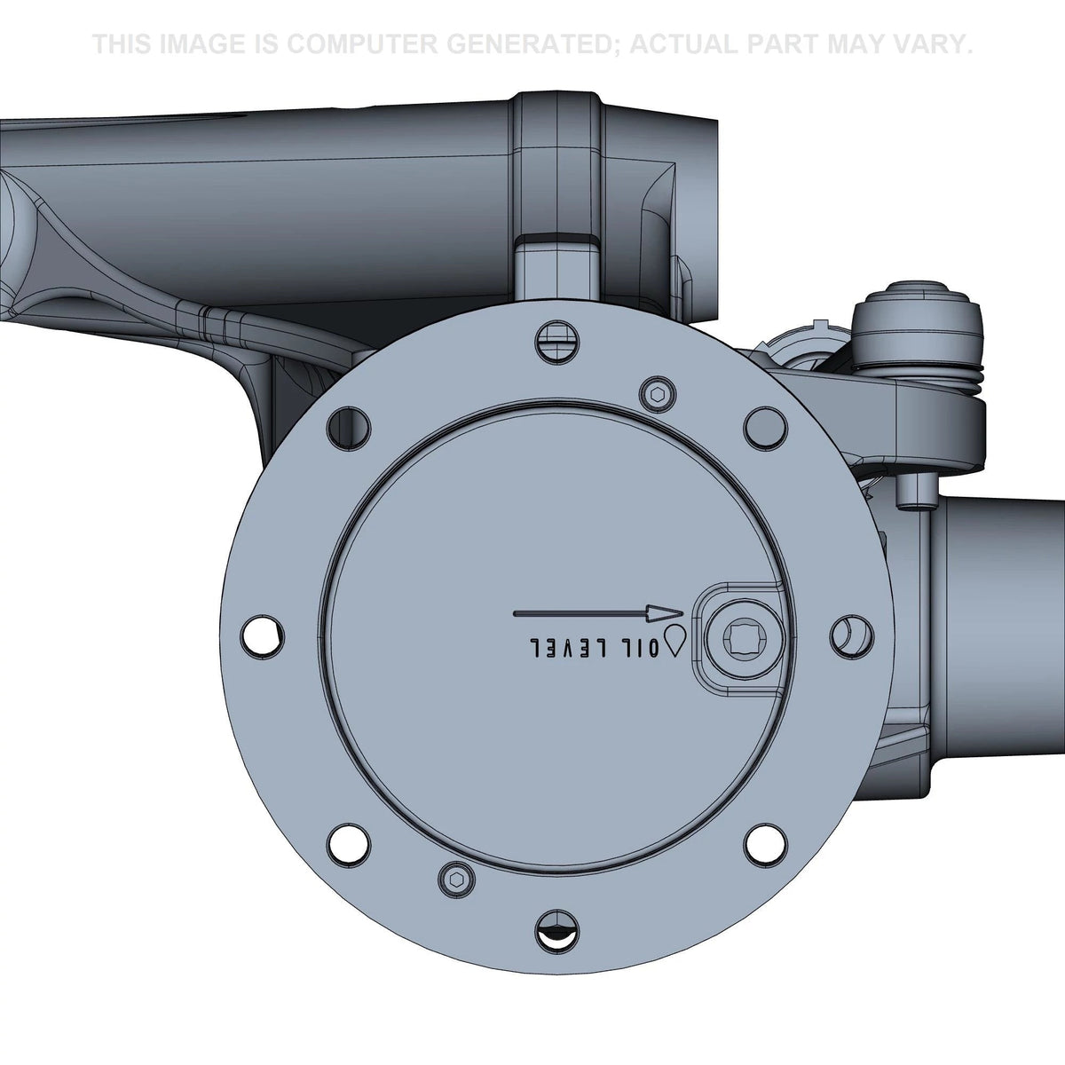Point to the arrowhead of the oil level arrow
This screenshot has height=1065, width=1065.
(x=666, y=613)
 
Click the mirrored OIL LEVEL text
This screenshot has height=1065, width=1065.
(x=595, y=647)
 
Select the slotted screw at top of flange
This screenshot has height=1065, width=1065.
(x=558, y=343)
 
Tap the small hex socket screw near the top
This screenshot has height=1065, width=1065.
(x=659, y=395)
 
